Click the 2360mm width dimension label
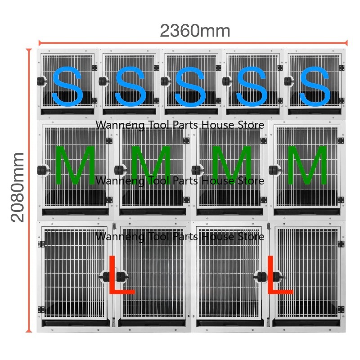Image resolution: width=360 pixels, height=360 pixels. tap(195, 31)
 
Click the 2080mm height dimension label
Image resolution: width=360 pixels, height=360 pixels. tap(18, 187)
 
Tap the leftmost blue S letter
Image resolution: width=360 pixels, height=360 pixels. tap(67, 86)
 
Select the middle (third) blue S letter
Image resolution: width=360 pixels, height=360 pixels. tap(190, 87)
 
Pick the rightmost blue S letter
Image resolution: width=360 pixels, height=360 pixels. tap(315, 86)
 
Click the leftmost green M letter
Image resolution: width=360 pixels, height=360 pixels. tap(75, 165)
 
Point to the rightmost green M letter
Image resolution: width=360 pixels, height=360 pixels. tap(307, 165)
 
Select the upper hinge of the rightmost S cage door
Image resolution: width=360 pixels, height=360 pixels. tap(342, 68)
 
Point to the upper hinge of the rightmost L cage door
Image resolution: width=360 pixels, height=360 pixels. tap(341, 244)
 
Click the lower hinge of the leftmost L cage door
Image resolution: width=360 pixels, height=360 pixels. tap(41, 310)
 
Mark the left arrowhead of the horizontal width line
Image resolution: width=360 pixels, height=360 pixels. tap(40, 43)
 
